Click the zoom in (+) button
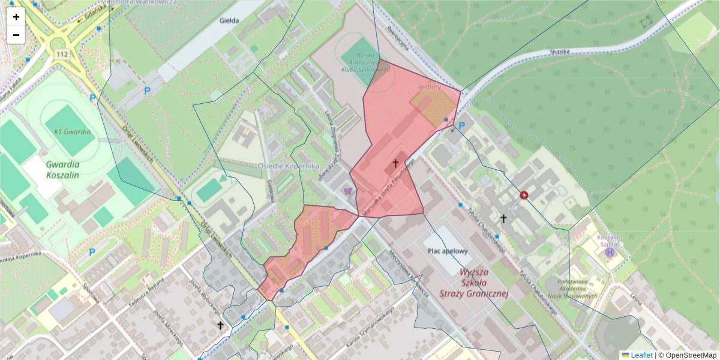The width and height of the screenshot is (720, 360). [x=16, y=17]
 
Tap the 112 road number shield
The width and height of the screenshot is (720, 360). [x=61, y=55]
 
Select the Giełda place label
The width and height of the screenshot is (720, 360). [x=229, y=20]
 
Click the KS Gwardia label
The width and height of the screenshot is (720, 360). [x=72, y=132]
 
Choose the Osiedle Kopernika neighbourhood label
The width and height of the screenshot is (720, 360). [x=288, y=166]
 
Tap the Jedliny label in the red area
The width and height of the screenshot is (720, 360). [x=430, y=87]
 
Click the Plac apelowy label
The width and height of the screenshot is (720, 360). [x=446, y=251]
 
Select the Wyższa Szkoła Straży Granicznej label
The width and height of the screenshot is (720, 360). [x=473, y=283]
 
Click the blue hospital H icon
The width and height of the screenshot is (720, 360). [x=610, y=253]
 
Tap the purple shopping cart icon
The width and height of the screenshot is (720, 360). [x=347, y=191]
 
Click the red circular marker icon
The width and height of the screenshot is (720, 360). [x=524, y=195]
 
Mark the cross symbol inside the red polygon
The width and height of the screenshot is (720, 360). [x=395, y=163]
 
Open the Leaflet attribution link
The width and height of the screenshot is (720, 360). [x=641, y=355]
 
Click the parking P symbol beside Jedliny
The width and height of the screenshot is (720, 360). [x=461, y=126]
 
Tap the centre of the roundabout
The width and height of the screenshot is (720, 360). [x=58, y=43]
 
